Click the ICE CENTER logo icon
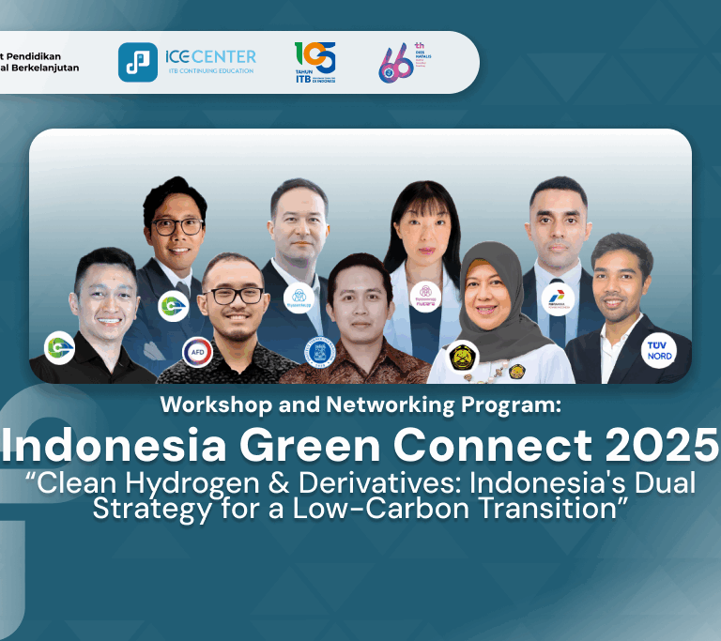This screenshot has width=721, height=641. pyautogui.click(x=137, y=62)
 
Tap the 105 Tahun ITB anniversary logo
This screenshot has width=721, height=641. pyautogui.click(x=314, y=62)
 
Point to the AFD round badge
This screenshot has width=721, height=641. pyautogui.click(x=197, y=353)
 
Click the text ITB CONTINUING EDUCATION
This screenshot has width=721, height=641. pyautogui.click(x=209, y=71)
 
